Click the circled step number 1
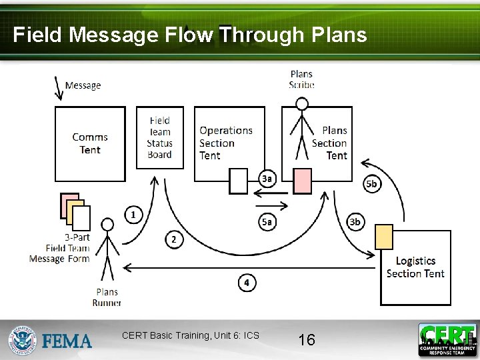coord(134,214)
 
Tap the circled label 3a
coord(267,178)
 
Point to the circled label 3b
coord(355,222)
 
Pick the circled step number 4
coord(247,283)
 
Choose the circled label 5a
coord(267,222)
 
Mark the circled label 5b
coord(372,183)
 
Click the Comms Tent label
coord(90,143)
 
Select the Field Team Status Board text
coord(160,137)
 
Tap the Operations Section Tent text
coord(225,143)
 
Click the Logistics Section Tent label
coord(415,267)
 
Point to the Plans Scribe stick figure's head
coord(302,103)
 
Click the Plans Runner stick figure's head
coord(107,225)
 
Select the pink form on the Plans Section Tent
coord(303,181)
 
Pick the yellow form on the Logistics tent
coord(384,237)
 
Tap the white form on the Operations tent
coord(238,181)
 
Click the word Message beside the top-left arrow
coord(83,85)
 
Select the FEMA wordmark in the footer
coord(67,341)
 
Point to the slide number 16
coord(307,340)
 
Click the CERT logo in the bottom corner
coord(447,339)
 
